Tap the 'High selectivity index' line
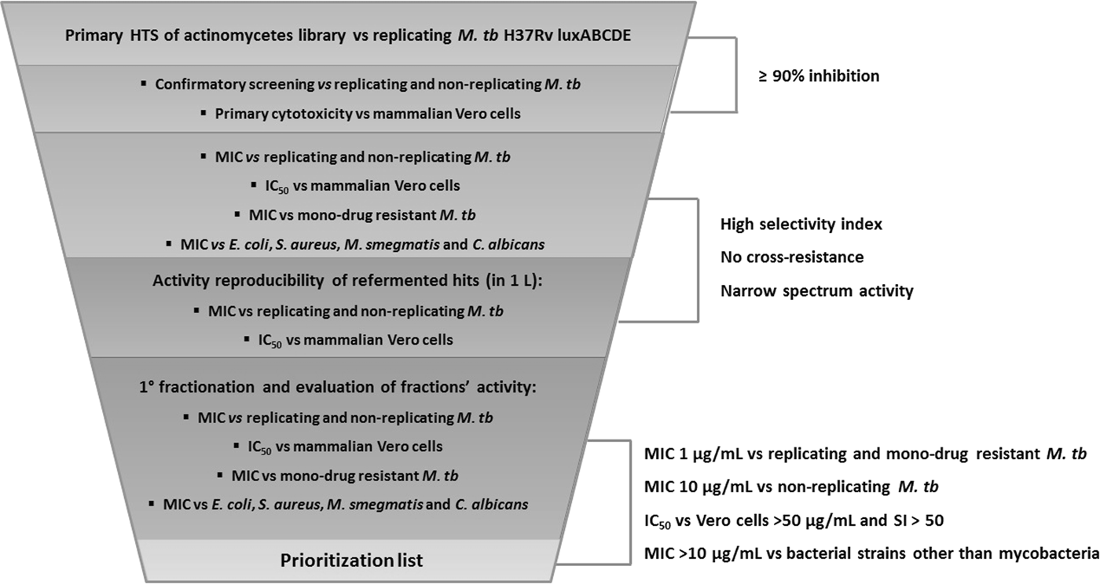click(x=801, y=224)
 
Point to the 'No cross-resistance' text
click(x=790, y=257)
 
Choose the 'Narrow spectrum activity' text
click(x=817, y=291)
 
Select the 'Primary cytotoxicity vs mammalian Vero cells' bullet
click(x=367, y=114)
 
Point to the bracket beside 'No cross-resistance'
click(x=696, y=259)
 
